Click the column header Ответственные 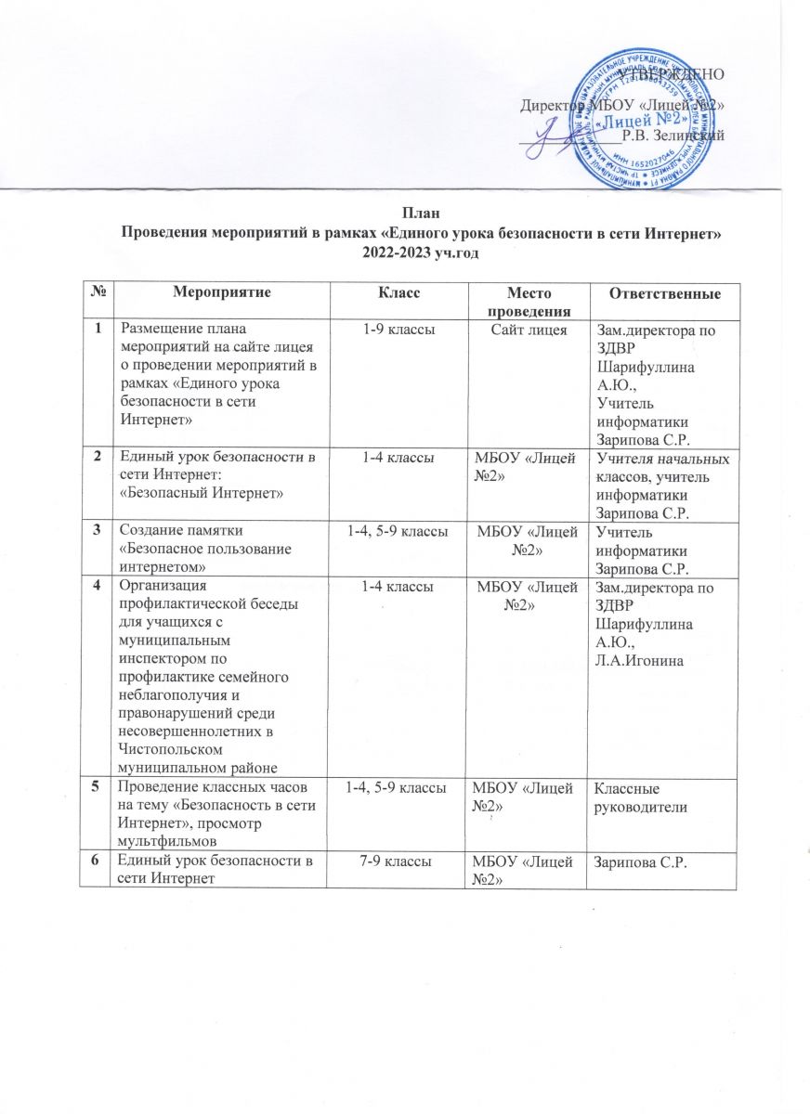[x=663, y=294]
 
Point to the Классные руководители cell [x=642, y=797]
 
